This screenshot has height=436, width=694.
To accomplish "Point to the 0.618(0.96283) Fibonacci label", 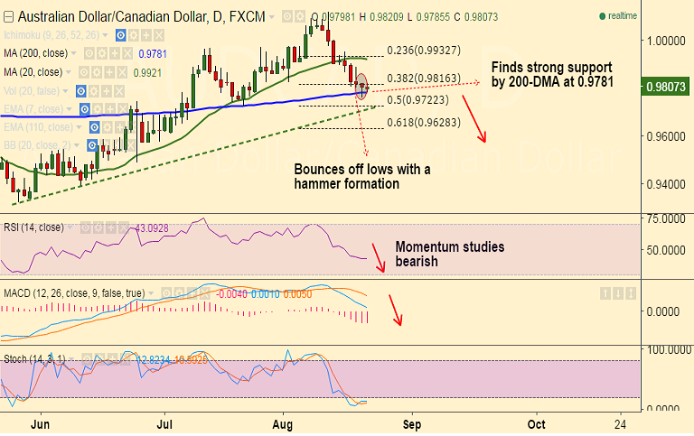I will pos(424,122).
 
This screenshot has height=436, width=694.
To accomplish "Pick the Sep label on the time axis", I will pos(411,422).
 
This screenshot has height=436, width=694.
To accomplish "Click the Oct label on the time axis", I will pos(536,422).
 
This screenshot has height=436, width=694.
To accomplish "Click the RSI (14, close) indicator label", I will pos(33,227).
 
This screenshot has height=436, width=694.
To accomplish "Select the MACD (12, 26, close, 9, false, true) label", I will pos(71,293).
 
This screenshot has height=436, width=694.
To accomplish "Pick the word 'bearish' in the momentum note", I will pos(418,262).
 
